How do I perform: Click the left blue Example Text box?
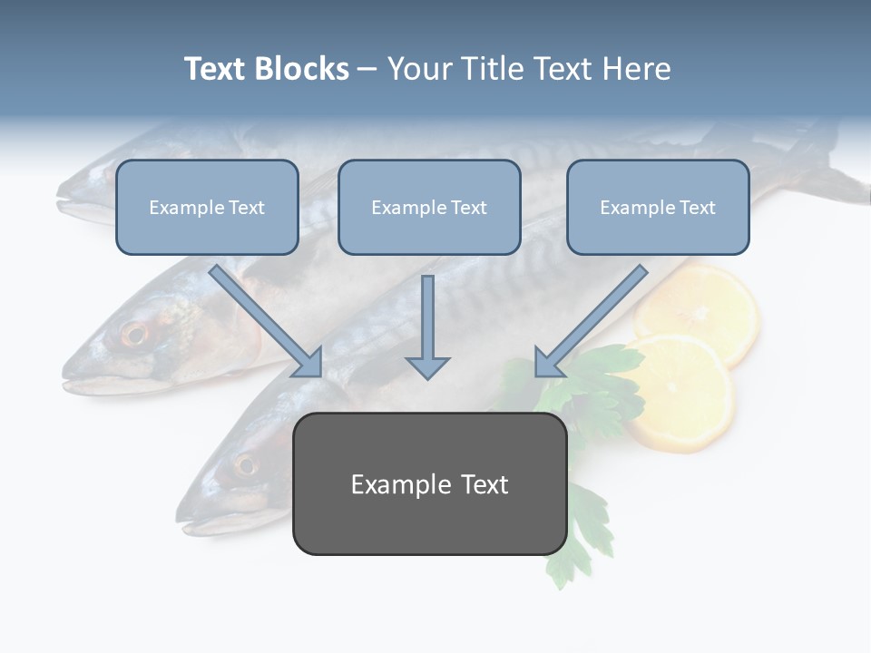[207, 207]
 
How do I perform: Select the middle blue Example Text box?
[429, 207]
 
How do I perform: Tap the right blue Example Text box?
[658, 207]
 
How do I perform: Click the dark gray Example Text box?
[430, 483]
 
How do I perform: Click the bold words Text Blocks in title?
[266, 69]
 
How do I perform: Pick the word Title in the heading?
[492, 69]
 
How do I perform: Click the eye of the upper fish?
[134, 334]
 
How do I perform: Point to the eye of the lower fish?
[245, 465]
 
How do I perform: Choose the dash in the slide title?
[367, 69]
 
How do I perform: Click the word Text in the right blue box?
[698, 207]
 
